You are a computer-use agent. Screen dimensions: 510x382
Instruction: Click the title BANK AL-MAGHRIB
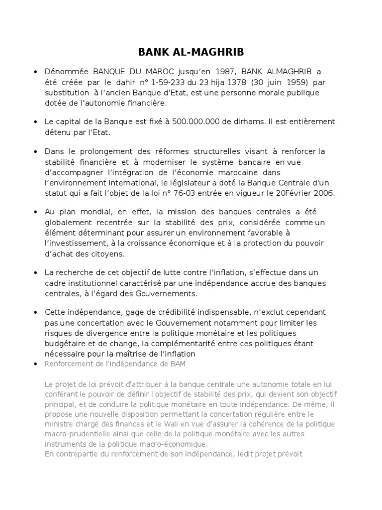click(191, 53)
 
